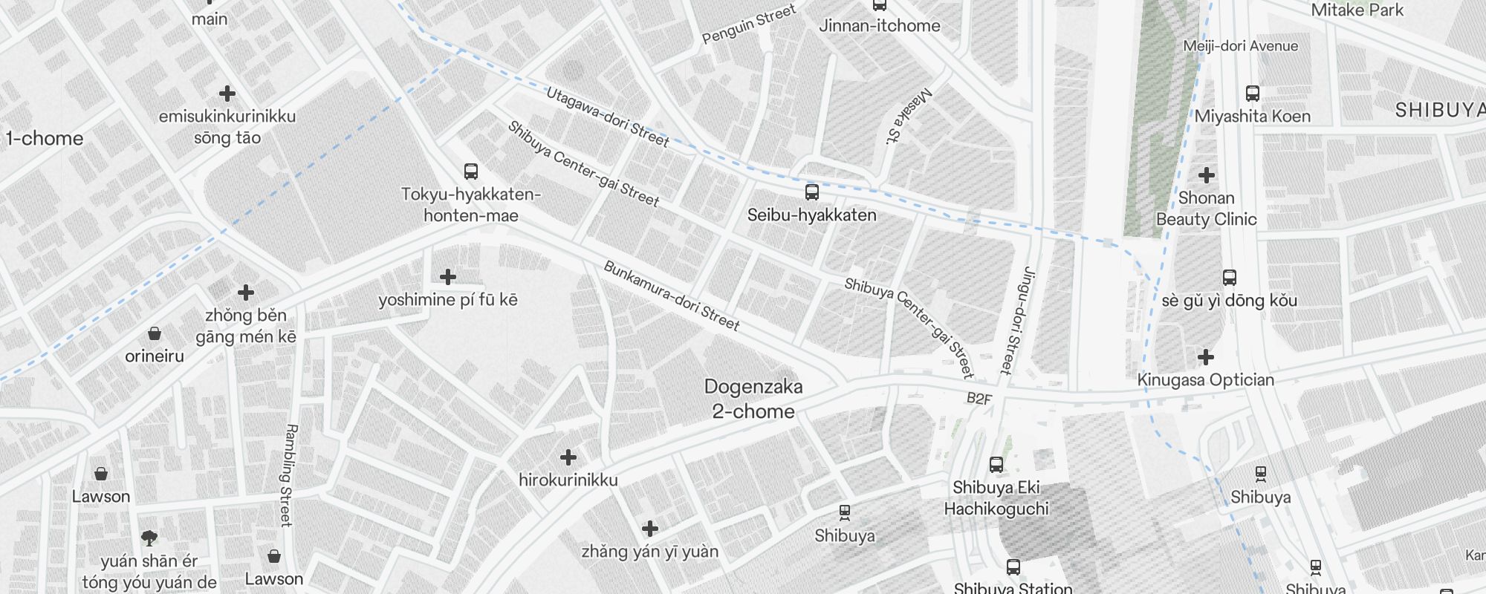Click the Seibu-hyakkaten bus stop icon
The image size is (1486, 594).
812,192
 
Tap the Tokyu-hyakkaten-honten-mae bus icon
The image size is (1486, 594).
470,172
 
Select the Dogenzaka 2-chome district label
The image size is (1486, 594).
753,399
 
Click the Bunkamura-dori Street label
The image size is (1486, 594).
671,296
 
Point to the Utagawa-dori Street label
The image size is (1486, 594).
607,117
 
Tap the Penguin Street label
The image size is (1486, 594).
749,24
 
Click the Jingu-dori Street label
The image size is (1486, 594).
1017,320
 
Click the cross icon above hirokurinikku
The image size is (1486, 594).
568,457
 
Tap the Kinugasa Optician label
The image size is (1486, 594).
1205,380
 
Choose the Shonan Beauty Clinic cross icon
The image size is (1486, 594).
1207,175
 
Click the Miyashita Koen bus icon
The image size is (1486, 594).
1252,94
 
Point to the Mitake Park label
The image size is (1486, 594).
1357,10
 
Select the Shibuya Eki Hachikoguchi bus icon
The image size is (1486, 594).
996,465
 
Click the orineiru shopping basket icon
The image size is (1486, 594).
155,333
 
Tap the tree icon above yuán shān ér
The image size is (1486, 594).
149,538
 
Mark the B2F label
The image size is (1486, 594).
979,399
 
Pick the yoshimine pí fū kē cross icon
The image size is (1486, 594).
447,277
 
